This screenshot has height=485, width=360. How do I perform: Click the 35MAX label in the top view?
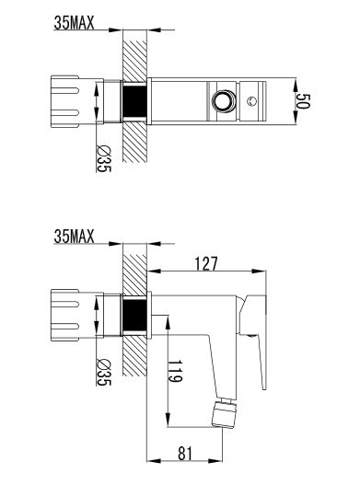(74, 23)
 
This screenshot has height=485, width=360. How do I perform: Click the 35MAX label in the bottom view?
(74, 237)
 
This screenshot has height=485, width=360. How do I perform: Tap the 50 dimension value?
(302, 101)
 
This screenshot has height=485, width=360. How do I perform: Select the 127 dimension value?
(206, 264)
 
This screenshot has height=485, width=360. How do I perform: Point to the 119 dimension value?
(175, 371)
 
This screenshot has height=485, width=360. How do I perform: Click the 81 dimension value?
(185, 454)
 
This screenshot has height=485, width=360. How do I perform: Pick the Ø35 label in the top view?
(104, 158)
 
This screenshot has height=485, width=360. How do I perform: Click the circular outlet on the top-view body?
(223, 100)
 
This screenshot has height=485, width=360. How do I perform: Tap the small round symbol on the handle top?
(251, 101)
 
